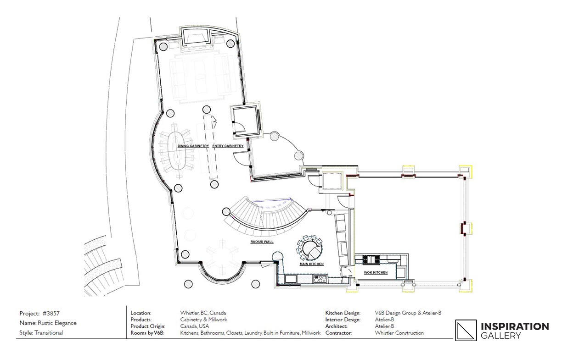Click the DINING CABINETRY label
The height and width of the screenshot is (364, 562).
193,146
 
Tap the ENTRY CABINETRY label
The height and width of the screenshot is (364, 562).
228,146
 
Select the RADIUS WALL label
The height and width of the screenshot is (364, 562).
262,242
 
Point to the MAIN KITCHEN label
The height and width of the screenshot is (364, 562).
312,264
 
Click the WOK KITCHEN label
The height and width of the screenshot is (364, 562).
376,272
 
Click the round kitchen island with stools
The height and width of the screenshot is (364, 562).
309,248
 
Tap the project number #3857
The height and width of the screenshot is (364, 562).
51,314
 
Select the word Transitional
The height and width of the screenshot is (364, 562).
49,333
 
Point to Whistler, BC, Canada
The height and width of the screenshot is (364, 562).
203,313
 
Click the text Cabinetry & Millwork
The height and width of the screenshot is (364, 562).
203,320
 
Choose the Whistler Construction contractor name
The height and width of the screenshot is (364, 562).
399,333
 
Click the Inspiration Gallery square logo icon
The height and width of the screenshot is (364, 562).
466,330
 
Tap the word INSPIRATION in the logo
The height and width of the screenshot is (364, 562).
515,327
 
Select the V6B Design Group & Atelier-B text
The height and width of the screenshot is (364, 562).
408,313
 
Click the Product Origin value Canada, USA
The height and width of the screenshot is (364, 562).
194,326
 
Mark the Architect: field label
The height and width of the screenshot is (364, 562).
336,326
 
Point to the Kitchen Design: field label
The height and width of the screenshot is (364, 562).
343,313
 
